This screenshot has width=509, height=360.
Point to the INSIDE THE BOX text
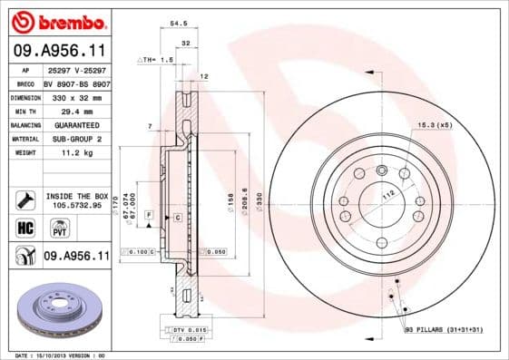pyautogui.click(x=76, y=196)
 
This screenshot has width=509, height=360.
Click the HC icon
pyautogui.click(x=24, y=226)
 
